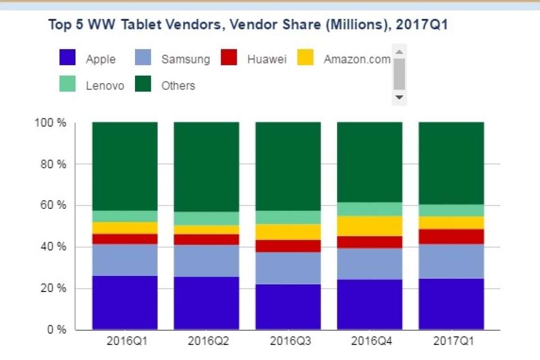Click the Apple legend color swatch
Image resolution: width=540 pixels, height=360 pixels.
pyautogui.click(x=67, y=58)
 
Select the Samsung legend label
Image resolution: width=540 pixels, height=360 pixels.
pyautogui.click(x=185, y=59)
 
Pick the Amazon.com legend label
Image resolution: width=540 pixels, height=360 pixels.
pyautogui.click(x=357, y=59)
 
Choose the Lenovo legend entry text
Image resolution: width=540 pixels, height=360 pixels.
pyautogui.click(x=105, y=85)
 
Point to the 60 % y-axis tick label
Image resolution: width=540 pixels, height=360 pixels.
pyautogui.click(x=51, y=206)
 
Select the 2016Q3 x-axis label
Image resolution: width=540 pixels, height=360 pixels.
pyautogui.click(x=288, y=341)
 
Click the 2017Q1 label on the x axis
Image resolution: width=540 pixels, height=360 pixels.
pyautogui.click(x=451, y=341)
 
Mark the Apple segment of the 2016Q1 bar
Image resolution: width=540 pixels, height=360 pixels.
pyautogui.click(x=125, y=303)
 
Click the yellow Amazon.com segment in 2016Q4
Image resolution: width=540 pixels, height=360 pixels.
pyautogui.click(x=370, y=226)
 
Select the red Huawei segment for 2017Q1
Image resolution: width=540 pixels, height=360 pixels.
pyautogui.click(x=451, y=237)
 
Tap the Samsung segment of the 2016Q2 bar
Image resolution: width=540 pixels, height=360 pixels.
pyautogui.click(x=207, y=261)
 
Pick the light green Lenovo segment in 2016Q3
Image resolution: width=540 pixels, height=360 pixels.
pyautogui.click(x=288, y=217)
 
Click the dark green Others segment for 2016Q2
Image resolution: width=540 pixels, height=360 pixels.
pyautogui.click(x=207, y=166)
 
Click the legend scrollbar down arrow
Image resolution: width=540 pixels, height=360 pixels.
pyautogui.click(x=399, y=97)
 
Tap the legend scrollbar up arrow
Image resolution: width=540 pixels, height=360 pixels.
pyautogui.click(x=399, y=51)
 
